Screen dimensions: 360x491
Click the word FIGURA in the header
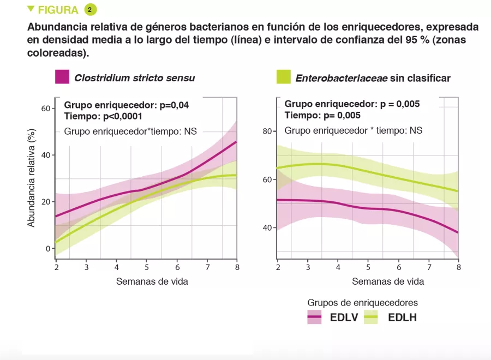(58, 10)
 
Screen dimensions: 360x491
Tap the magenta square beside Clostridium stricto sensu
(62, 77)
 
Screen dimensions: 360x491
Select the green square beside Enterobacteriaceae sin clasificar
(283, 77)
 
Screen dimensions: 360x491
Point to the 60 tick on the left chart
(45, 108)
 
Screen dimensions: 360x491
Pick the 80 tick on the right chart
(267, 131)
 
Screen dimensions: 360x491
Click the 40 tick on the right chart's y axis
(267, 227)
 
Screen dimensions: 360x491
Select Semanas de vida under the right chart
(388, 281)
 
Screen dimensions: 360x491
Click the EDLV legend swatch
(315, 317)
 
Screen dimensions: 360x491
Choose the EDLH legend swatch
(371, 317)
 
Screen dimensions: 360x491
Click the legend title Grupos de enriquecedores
(363, 302)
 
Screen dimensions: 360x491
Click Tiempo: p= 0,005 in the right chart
(322, 116)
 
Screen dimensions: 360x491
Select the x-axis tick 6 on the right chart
(399, 267)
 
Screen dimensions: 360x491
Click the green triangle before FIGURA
(31, 9)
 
